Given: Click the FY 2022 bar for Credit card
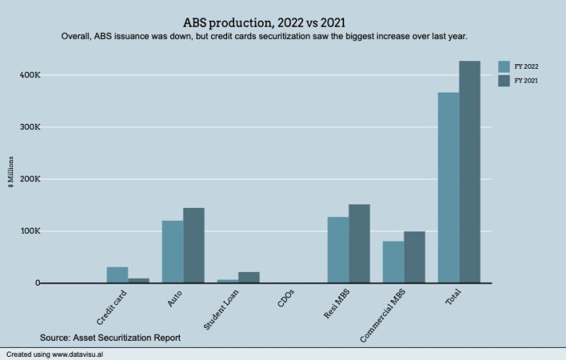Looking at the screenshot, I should coord(117,275).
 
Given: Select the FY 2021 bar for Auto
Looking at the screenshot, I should coord(194,245).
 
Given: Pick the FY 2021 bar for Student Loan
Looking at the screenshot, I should coord(249,277).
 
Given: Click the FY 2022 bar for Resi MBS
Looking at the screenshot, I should coord(338,250).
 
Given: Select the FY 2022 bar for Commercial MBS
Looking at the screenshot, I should coord(393,262).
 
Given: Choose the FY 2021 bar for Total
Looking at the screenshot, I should coord(470,172).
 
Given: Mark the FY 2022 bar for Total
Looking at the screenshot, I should coord(448,188).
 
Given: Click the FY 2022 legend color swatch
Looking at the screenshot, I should coord(505,66).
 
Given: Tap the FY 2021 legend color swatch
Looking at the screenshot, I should coord(505,80).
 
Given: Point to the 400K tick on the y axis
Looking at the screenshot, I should coord(30,75).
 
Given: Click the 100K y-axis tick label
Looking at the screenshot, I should coord(30,231).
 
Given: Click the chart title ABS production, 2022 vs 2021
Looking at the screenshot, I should coord(269,22).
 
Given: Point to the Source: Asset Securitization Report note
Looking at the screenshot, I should coord(110,336).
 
